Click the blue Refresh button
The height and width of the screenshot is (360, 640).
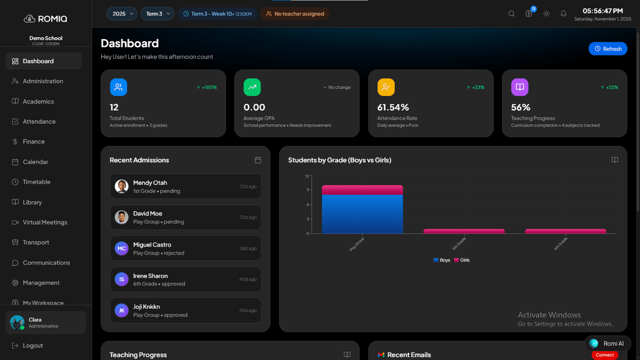point(607,49)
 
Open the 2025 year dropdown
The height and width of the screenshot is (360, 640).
point(122,14)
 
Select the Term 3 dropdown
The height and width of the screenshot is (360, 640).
point(157,14)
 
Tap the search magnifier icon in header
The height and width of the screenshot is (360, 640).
point(511,14)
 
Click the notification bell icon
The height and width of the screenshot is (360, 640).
point(563,14)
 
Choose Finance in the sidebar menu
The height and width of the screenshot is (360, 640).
point(33,142)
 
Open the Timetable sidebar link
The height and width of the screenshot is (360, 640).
point(36,182)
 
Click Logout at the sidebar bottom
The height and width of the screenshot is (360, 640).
point(32,345)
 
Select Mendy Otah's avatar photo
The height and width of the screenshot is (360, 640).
point(122,186)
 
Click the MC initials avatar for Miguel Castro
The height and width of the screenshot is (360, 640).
point(122,248)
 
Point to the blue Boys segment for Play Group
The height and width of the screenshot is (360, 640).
point(362,214)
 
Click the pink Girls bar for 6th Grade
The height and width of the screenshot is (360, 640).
point(565,231)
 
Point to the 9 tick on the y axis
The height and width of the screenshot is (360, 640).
point(308,190)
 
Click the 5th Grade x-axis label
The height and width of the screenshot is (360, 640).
point(459,244)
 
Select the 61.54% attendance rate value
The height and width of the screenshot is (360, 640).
point(393,107)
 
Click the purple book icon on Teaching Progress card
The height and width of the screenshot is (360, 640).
point(520,87)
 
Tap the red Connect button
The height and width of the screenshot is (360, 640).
point(604,355)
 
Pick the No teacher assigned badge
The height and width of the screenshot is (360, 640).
point(295,14)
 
